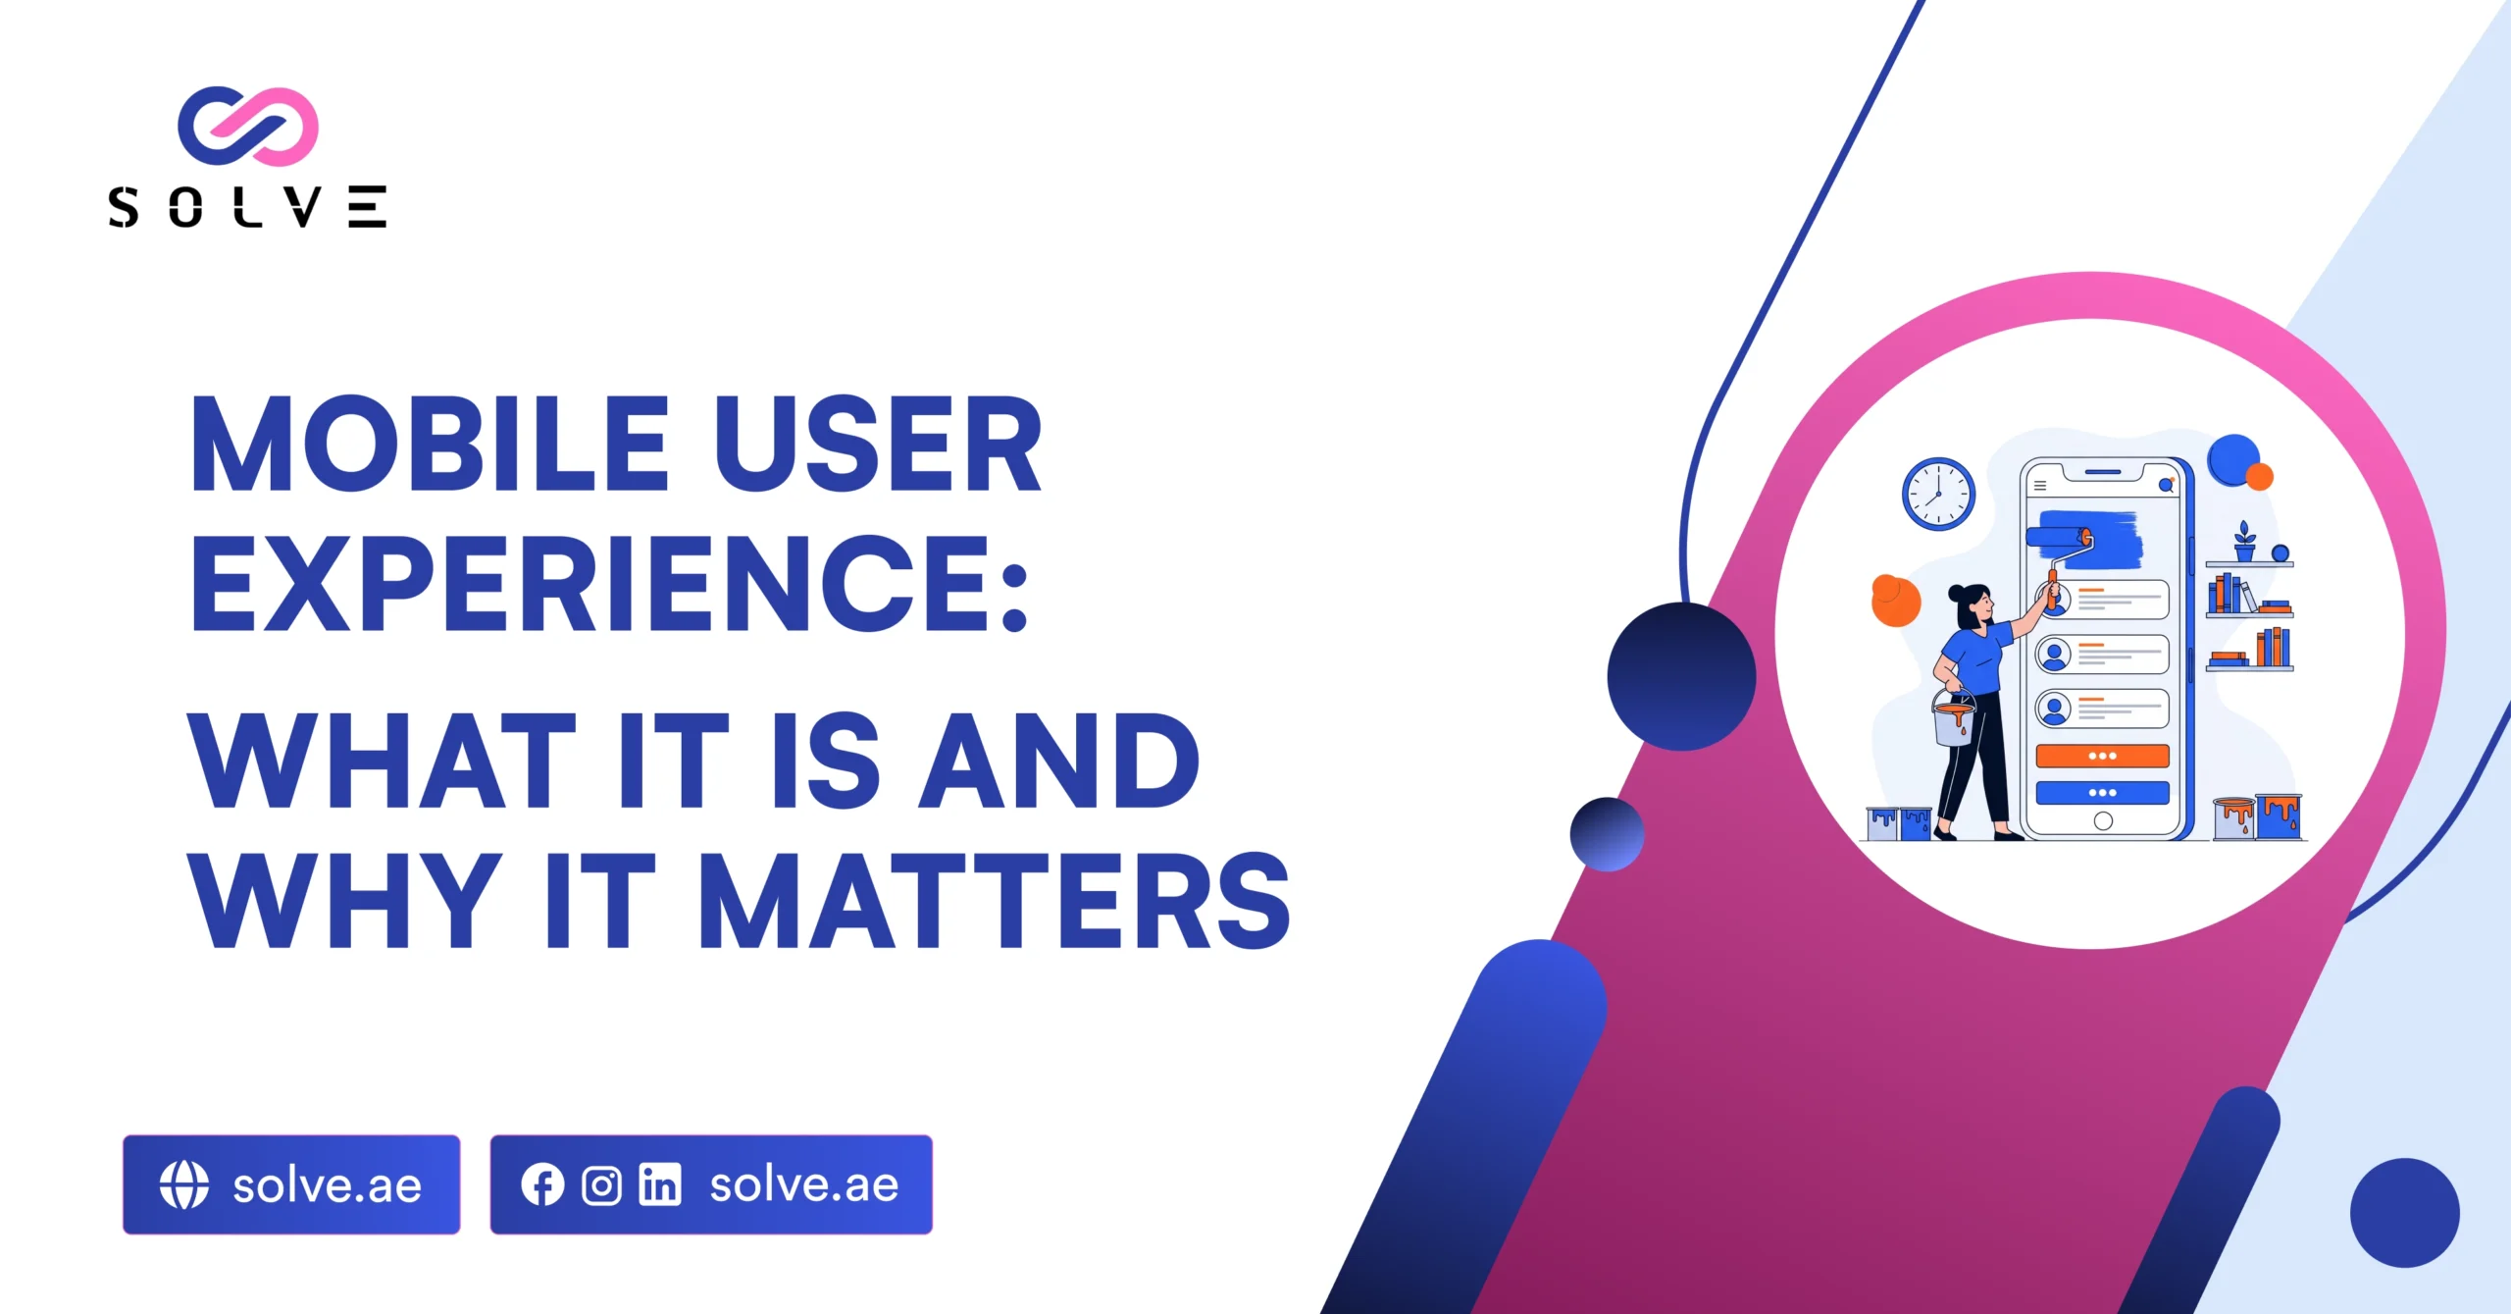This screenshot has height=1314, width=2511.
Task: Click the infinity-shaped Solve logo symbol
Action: tap(248, 126)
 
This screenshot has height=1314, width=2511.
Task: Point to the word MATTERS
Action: tap(995, 899)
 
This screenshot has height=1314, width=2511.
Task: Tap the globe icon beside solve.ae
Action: tap(184, 1184)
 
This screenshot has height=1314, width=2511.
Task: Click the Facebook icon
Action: tap(542, 1184)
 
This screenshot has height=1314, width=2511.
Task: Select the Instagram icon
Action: tap(601, 1185)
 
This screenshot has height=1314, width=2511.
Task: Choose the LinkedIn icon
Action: tap(660, 1184)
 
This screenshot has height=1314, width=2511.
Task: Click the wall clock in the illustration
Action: tap(1938, 494)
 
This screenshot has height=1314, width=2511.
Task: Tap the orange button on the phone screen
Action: tap(2102, 756)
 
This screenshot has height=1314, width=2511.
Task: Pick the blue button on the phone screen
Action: tap(2102, 792)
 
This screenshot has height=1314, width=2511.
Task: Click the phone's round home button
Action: tap(2103, 821)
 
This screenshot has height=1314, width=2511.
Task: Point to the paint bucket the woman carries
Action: tap(1953, 716)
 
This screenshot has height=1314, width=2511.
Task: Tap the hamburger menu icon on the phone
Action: tap(2040, 486)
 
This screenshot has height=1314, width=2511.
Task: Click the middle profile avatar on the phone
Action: tap(2054, 655)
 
